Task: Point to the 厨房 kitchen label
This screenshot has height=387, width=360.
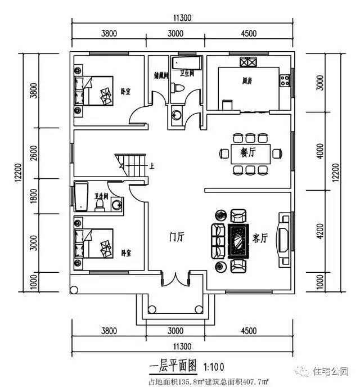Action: pos(247,81)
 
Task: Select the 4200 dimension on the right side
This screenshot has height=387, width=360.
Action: pos(321,232)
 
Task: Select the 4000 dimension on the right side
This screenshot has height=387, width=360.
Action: pos(321,152)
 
